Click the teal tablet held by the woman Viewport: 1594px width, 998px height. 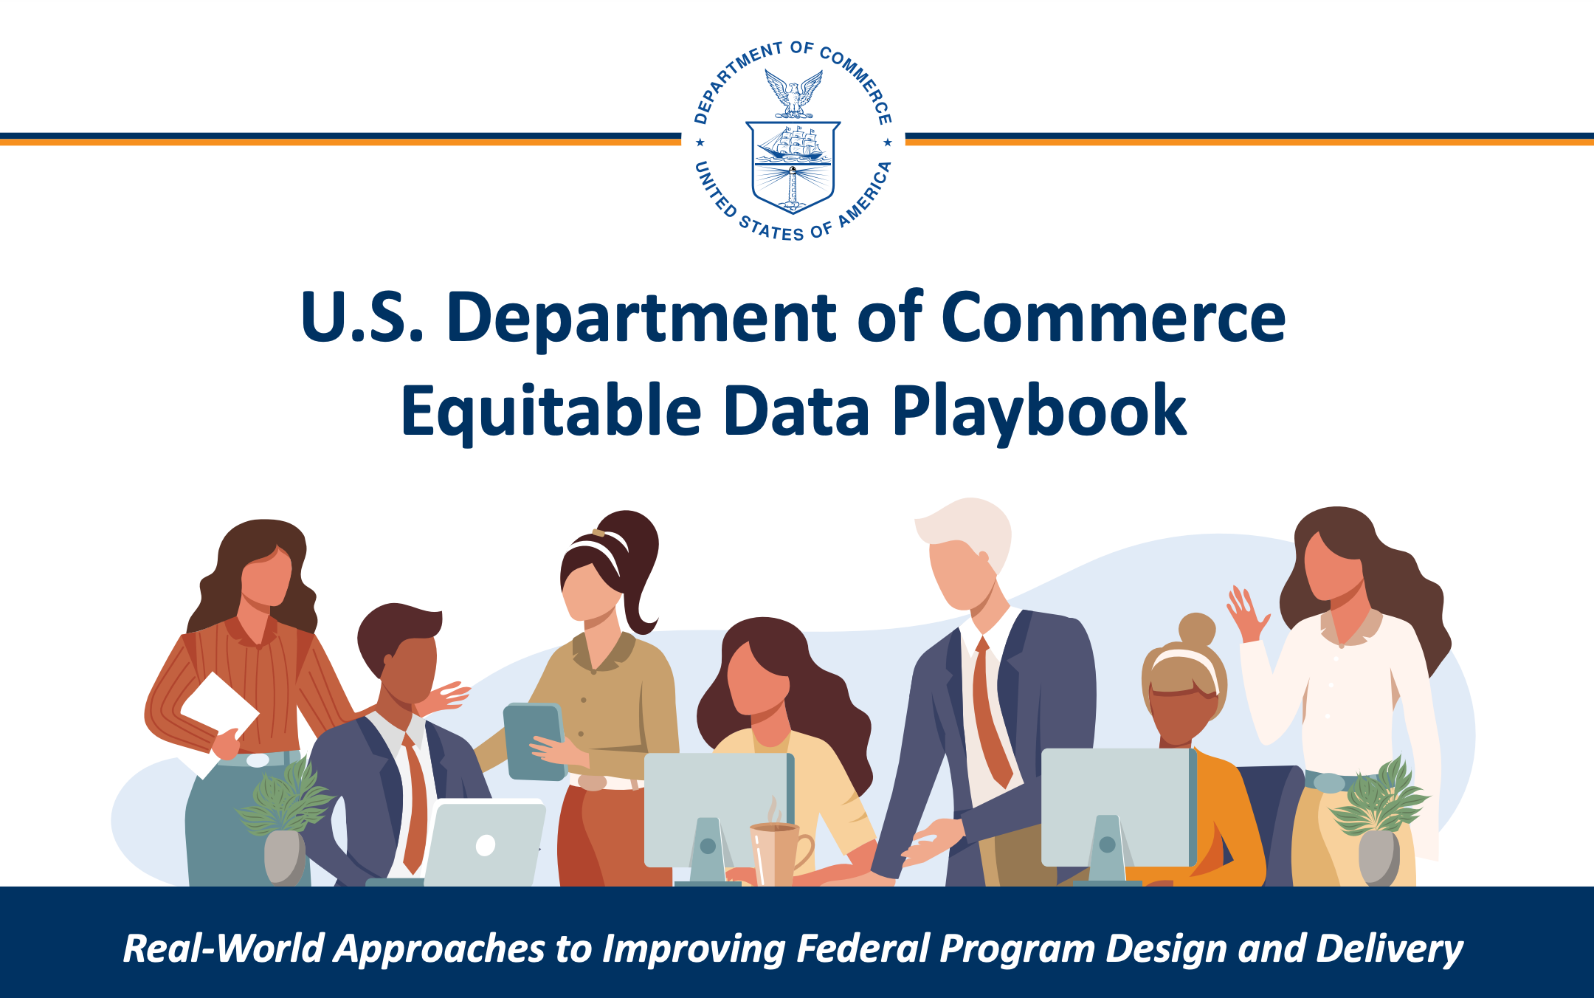pyautogui.click(x=533, y=740)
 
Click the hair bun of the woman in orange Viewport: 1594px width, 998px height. pyautogui.click(x=1196, y=629)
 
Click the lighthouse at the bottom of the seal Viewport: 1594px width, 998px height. pyautogui.click(x=793, y=185)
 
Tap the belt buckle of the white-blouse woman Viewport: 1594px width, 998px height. pyautogui.click(x=1328, y=782)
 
